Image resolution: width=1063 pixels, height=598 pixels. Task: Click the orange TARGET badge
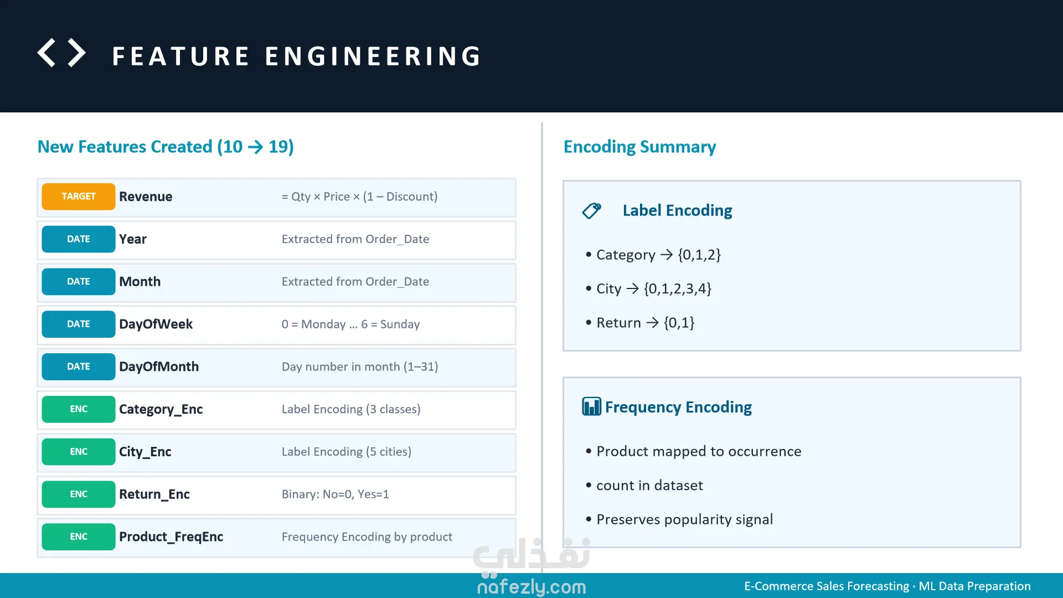tap(79, 197)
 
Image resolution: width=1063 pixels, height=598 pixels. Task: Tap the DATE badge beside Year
tap(79, 239)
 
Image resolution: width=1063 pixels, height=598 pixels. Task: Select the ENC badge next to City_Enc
tap(79, 452)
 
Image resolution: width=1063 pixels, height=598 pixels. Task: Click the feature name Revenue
tap(146, 197)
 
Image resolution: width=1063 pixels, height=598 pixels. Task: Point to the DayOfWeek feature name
tap(156, 324)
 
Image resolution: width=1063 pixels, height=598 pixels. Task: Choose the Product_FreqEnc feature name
tap(171, 537)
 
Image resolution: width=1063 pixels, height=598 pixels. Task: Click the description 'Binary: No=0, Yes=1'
tap(336, 494)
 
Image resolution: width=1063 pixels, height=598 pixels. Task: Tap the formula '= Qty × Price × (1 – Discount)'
tap(360, 197)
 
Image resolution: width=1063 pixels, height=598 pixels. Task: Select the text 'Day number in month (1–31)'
tap(360, 367)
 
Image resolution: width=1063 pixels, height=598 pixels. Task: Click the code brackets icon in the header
tap(61, 53)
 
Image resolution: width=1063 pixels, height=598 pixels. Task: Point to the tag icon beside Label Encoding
tap(591, 210)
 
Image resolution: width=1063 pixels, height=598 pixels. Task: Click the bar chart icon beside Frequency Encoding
tap(591, 406)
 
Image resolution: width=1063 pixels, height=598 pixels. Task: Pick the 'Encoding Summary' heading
tap(639, 147)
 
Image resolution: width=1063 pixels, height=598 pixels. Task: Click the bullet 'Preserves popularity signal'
tap(684, 519)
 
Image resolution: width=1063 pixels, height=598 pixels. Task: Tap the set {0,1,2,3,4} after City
tap(678, 288)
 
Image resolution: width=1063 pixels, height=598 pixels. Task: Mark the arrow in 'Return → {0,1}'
tap(653, 323)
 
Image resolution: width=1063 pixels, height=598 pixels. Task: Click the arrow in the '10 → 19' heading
tap(256, 147)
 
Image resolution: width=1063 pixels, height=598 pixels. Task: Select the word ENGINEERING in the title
tap(373, 56)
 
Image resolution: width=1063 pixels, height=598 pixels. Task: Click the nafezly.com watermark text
tap(531, 587)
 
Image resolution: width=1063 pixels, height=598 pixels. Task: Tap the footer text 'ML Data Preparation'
tap(974, 586)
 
